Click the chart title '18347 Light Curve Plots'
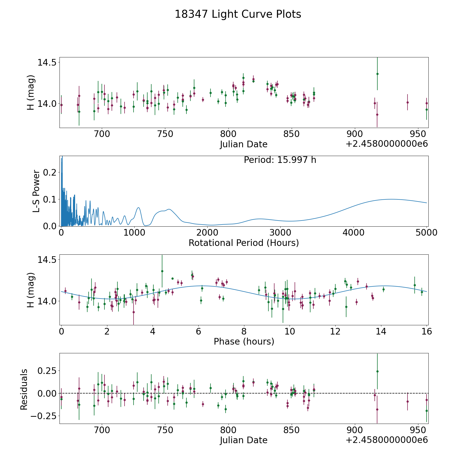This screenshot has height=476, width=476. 238,14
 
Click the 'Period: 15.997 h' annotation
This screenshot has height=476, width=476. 280,160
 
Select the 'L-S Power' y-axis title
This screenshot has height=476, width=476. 36,191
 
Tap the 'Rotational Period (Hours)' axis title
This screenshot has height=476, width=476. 244,243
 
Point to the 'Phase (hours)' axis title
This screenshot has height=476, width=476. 244,341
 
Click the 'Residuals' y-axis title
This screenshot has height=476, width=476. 24,390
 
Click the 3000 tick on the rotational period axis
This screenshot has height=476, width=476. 280,233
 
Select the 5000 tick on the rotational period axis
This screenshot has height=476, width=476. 426,233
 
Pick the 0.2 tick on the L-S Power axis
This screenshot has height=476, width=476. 50,172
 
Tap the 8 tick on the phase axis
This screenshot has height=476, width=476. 244,331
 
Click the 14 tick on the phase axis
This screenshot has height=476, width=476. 381,331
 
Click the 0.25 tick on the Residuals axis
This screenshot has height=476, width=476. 47,371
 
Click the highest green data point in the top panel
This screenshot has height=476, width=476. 377,74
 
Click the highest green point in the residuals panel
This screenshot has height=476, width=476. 377,371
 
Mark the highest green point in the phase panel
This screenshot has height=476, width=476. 162,271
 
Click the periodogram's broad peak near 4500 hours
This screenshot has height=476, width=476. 391,199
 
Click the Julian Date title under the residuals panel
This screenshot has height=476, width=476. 244,440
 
